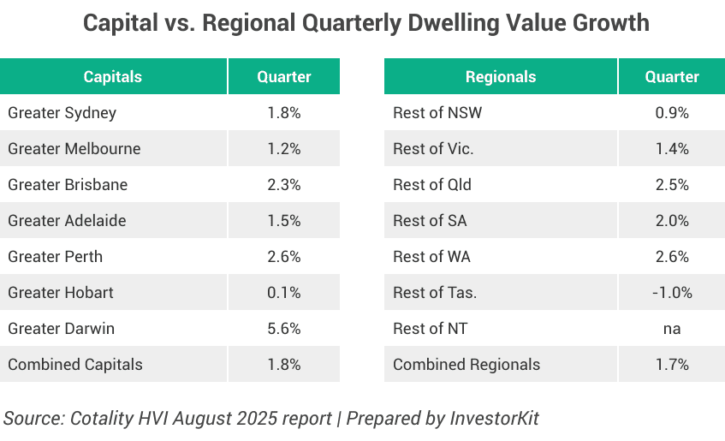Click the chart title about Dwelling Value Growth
(x=365, y=23)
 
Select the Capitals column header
(x=112, y=76)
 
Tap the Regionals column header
(x=500, y=76)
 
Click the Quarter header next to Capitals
(x=284, y=76)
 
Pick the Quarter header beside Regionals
(x=672, y=76)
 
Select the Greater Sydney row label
(x=62, y=112)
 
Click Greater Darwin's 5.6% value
(x=284, y=328)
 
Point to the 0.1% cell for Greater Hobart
(x=284, y=292)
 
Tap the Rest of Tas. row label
(x=435, y=292)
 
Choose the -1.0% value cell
(x=672, y=292)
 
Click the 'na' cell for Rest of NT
(x=672, y=328)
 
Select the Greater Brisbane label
(x=68, y=184)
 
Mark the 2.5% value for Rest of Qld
(x=672, y=184)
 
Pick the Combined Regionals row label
(x=466, y=364)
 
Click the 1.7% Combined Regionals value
(x=672, y=364)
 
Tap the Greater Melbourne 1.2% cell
(x=284, y=148)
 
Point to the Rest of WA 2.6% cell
(x=672, y=256)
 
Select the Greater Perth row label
(x=55, y=256)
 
